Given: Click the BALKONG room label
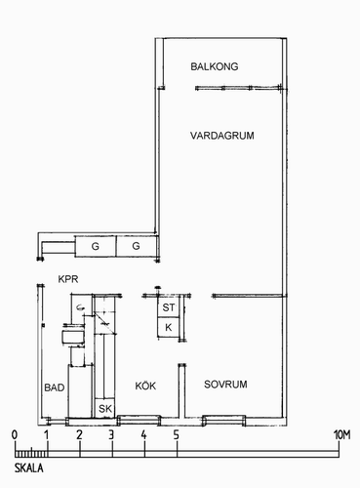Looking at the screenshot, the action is point(215,66).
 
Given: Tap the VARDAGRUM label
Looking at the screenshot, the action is point(222,136).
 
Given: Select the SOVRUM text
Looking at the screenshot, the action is point(225,385).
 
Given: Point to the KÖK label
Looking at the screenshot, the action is point(145,386).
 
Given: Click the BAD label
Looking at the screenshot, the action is point(55,387).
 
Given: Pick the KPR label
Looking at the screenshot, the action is point(68,279).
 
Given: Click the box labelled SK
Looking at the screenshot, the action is point(104,408).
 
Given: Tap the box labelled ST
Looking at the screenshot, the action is point(169,307).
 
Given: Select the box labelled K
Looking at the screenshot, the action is point(169,327).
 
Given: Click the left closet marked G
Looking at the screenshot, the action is point(96,246).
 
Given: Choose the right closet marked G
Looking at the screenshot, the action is point(137,246).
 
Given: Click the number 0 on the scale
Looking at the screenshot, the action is point(15,435).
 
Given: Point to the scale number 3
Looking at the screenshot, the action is point(111,435).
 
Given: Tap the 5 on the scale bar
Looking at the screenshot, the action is point(176,435).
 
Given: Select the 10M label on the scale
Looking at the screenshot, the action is point(342,435).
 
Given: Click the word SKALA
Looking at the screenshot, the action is point(28,468).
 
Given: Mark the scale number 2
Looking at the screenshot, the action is point(79,435).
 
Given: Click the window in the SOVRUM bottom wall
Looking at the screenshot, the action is point(223,421).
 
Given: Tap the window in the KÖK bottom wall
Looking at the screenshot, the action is point(139,421).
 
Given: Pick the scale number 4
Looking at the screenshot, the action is point(143,435).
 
